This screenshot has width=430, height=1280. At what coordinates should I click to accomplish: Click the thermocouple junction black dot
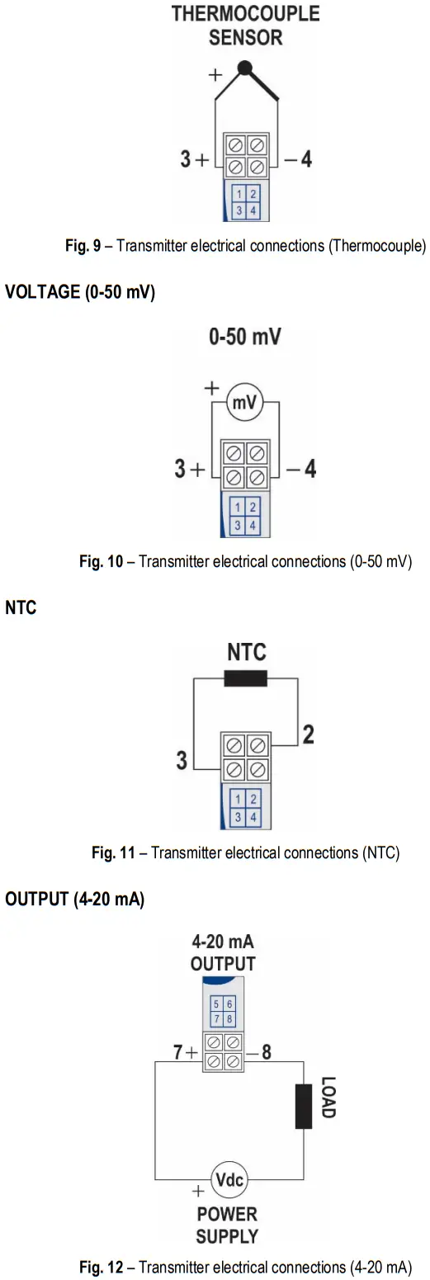pyautogui.click(x=244, y=68)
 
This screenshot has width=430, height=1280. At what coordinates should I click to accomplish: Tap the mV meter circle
pyautogui.click(x=244, y=403)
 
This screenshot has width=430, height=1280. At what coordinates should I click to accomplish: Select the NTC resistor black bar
pyautogui.click(x=246, y=678)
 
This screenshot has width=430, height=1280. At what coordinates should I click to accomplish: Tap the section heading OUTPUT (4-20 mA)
pyautogui.click(x=75, y=900)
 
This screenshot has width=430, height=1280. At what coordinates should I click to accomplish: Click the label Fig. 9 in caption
pyautogui.click(x=83, y=246)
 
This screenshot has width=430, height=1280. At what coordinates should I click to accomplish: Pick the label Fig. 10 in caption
pyautogui.click(x=101, y=562)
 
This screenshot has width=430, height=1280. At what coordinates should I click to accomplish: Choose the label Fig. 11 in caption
pyautogui.click(x=113, y=853)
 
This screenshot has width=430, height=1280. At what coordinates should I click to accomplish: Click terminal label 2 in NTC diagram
pyautogui.click(x=308, y=734)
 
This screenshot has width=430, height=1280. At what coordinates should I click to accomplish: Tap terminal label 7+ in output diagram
pyautogui.click(x=186, y=1053)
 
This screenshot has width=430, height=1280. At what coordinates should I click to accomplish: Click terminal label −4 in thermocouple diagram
pyautogui.click(x=299, y=158)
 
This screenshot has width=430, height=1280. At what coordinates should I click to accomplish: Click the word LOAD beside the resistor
pyautogui.click(x=328, y=1097)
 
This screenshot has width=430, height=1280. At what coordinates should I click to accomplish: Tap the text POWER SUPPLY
pyautogui.click(x=227, y=1226)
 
